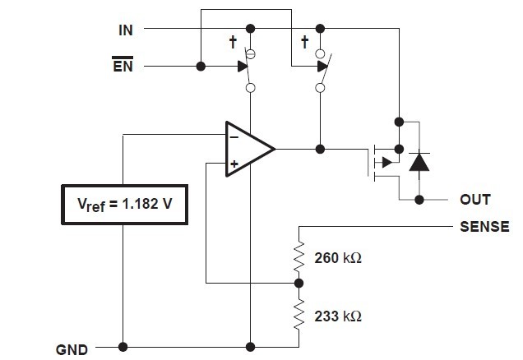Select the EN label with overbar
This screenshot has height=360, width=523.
click(122, 65)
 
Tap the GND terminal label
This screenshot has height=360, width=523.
click(72, 348)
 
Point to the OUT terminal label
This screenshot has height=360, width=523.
click(475, 200)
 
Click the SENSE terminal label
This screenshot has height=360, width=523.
click(484, 225)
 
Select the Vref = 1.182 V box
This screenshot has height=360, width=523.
click(125, 204)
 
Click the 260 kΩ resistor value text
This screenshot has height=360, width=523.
click(338, 258)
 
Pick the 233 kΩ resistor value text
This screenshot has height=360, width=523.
click(338, 315)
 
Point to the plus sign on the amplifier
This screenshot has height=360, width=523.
click(234, 164)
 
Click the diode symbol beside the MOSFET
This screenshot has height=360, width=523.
click(419, 162)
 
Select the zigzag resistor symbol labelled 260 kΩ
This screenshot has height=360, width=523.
click(298, 257)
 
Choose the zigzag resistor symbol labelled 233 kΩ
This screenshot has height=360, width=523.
click(298, 314)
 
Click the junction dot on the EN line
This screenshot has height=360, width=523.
click(201, 67)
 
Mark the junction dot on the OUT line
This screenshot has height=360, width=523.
click(419, 199)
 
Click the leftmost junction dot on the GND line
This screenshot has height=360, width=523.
click(123, 346)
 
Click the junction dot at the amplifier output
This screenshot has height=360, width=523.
click(321, 149)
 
